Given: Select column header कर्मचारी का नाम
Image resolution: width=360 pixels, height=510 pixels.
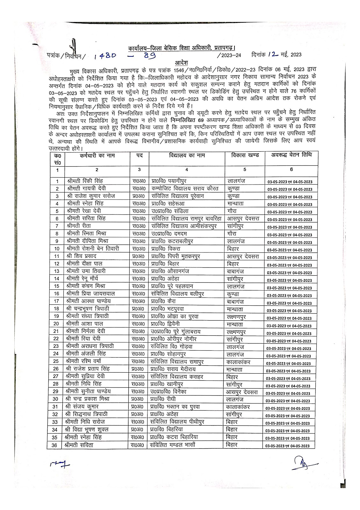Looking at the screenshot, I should click(x=97, y=156).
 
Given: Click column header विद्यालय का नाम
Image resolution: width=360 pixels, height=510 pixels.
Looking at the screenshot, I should click(x=187, y=156).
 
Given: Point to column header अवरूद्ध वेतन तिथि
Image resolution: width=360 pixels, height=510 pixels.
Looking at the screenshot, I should click(x=291, y=155).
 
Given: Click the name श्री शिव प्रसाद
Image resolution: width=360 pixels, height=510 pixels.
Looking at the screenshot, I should click(x=82, y=256).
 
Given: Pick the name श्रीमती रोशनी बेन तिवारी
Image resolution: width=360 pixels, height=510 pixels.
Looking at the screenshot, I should click(x=93, y=249).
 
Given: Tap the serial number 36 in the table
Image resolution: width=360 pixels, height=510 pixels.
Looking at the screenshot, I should click(x=55, y=445).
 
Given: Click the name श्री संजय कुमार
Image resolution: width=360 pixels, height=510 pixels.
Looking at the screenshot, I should click(x=82, y=407).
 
